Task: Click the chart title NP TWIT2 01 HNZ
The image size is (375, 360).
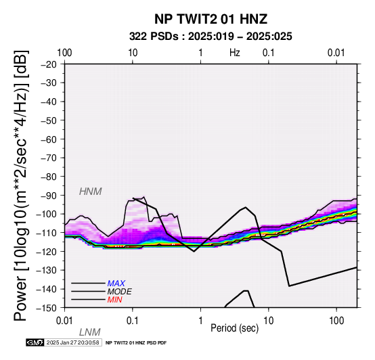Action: [211, 19]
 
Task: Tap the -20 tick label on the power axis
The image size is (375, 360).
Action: [49, 64]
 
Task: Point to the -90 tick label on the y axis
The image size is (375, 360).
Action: [49, 196]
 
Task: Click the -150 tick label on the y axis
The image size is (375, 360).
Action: [47, 308]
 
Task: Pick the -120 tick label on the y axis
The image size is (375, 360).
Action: [47, 252]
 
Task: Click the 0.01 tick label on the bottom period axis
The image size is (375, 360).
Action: [64, 321]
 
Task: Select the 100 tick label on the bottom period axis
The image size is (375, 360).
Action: [336, 321]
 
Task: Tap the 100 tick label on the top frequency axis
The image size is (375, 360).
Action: [64, 53]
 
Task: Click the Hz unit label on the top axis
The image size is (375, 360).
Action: [235, 53]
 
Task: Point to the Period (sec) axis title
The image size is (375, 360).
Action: [235, 328]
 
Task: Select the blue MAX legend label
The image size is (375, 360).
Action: [116, 284]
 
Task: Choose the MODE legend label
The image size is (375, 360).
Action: [119, 292]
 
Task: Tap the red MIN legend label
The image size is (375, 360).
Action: [114, 300]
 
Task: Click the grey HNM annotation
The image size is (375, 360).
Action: [91, 192]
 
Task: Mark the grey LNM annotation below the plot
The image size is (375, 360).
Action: [89, 332]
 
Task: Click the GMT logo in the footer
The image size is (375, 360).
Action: [35, 342]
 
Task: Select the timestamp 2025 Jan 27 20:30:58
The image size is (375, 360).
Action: [72, 342]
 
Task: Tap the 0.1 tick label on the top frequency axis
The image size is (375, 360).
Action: [269, 53]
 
